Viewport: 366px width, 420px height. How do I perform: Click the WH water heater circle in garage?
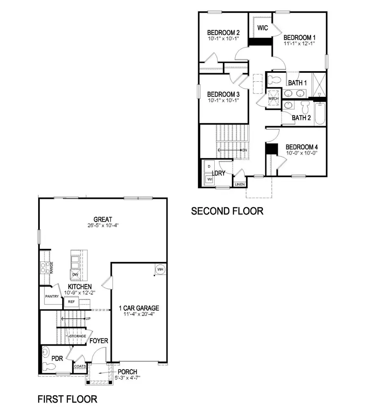(x=160, y=270)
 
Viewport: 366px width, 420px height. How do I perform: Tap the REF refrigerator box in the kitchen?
(x=71, y=302)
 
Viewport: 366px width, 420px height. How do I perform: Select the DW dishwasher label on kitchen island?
(x=75, y=274)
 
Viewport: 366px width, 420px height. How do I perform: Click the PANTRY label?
(x=52, y=296)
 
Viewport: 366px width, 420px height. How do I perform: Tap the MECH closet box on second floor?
(x=273, y=98)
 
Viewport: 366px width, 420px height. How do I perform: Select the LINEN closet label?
(x=240, y=185)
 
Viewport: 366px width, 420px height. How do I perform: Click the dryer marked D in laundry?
(x=209, y=167)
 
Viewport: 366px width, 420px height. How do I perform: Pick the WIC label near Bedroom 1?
(x=262, y=28)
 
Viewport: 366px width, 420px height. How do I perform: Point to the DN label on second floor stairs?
(x=244, y=150)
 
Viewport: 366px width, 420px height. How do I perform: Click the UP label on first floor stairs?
(x=88, y=318)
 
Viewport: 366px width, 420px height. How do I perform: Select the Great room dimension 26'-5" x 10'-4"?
(x=102, y=225)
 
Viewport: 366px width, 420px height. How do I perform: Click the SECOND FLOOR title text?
(x=227, y=211)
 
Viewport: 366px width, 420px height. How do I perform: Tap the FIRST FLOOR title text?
(x=68, y=399)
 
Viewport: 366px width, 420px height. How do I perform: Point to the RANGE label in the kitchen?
(x=52, y=268)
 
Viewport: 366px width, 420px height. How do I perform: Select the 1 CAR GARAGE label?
(x=139, y=308)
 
